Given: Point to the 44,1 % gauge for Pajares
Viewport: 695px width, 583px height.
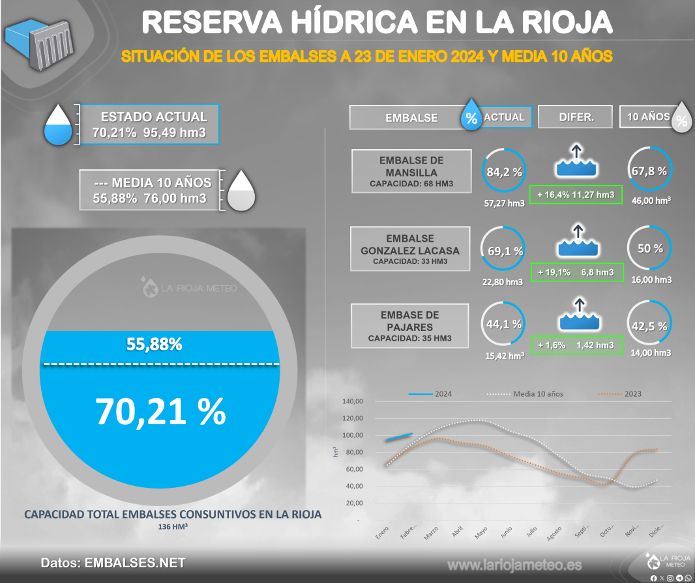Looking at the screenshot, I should pyautogui.click(x=504, y=323).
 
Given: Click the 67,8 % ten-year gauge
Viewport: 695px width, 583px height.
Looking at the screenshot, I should pyautogui.click(x=649, y=171).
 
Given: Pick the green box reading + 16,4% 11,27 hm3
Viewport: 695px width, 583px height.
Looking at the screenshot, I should pyautogui.click(x=576, y=194).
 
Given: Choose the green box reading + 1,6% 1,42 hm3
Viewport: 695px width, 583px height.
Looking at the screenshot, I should pyautogui.click(x=576, y=345).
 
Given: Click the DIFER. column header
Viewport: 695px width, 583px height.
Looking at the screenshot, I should pyautogui.click(x=576, y=117).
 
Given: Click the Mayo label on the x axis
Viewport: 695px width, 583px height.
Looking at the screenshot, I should pyautogui.click(x=481, y=534).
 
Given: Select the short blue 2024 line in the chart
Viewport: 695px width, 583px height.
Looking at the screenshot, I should pyautogui.click(x=398, y=437).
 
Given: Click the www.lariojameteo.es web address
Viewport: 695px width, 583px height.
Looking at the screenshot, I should pyautogui.click(x=514, y=564).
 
